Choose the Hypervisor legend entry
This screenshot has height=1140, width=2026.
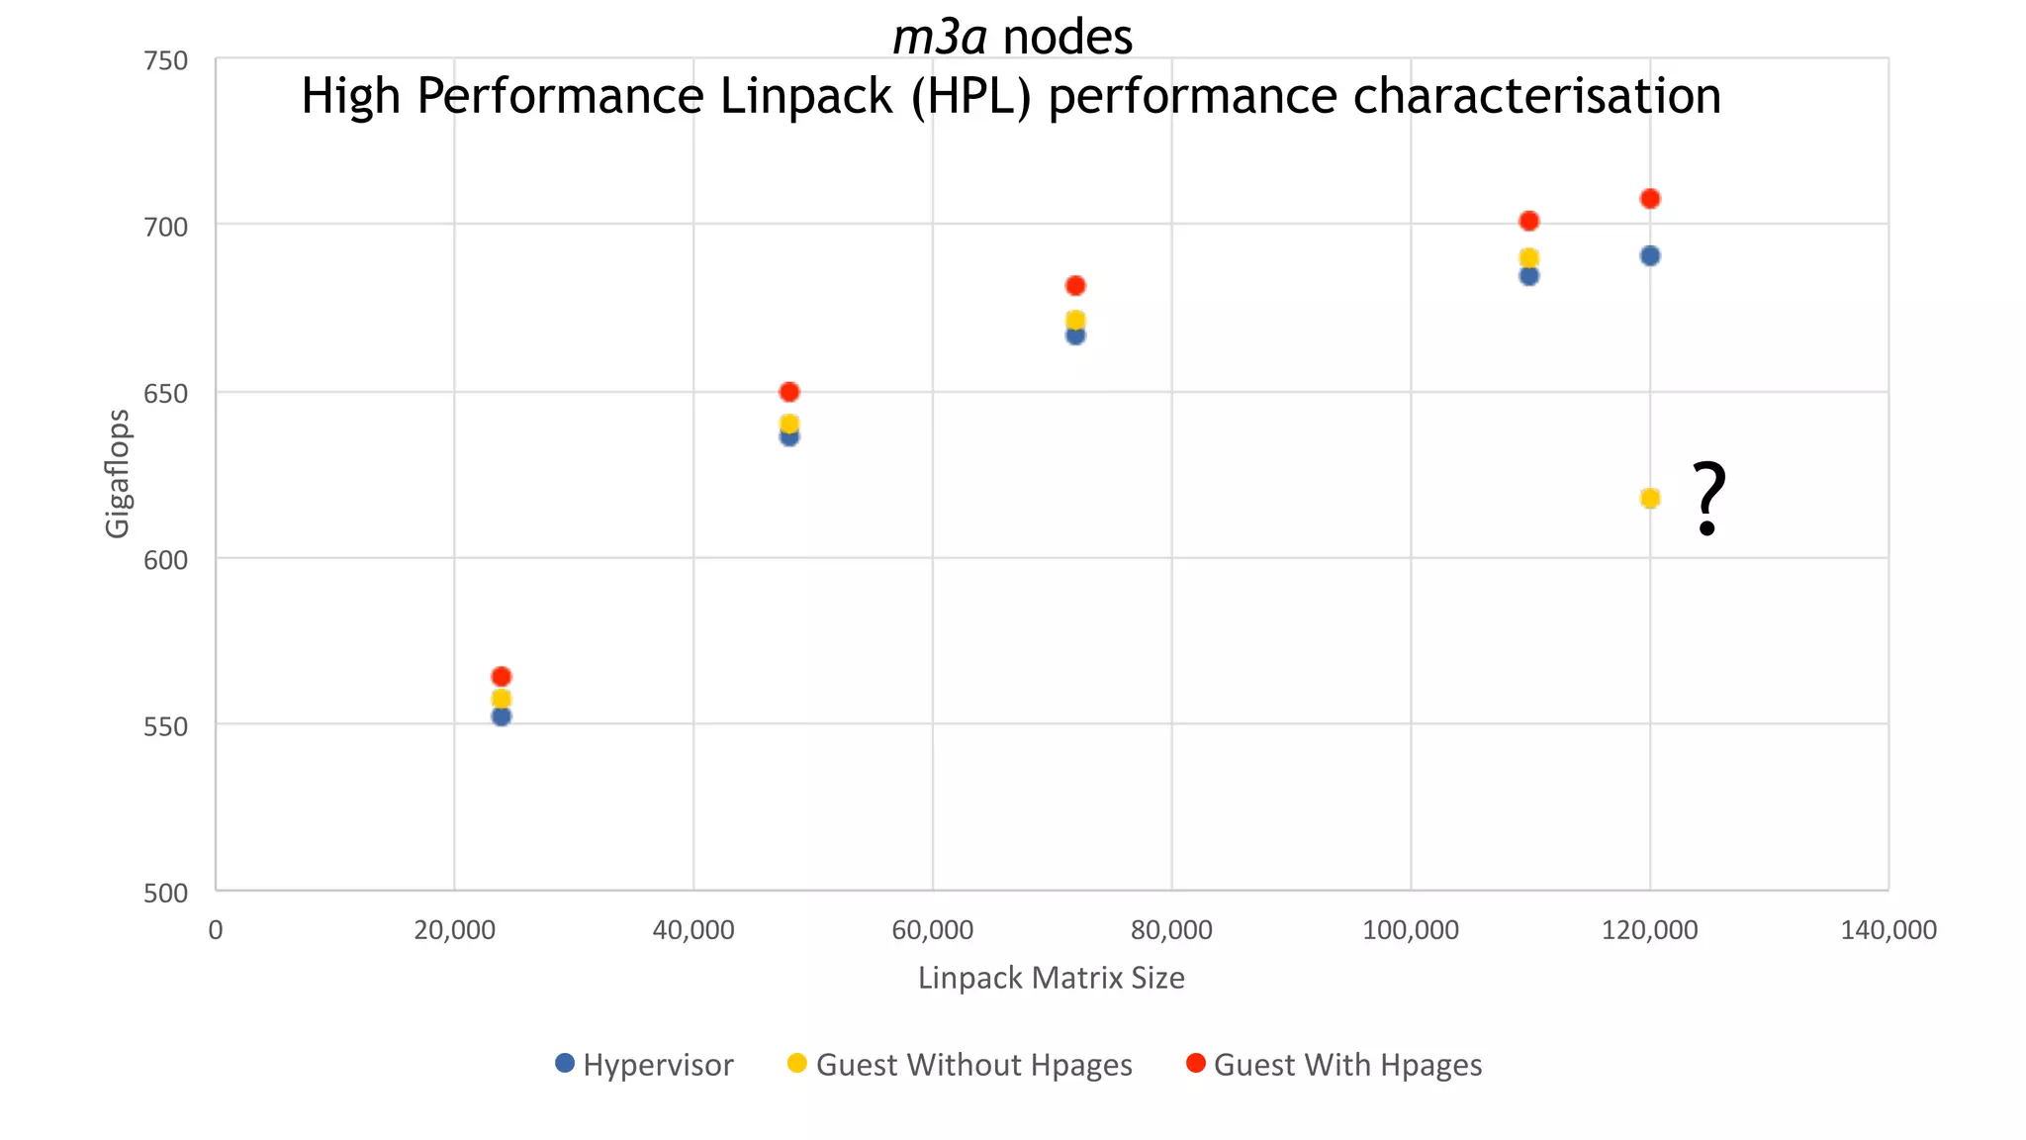[645, 1065]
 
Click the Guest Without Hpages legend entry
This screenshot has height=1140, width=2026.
[960, 1065]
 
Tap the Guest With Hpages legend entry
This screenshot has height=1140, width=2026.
[1335, 1065]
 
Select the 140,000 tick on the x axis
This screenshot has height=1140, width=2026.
[1888, 930]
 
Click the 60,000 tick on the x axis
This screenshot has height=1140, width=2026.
[932, 930]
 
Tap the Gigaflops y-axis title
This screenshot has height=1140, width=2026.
[118, 474]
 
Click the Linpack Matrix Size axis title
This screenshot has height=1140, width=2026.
[1051, 978]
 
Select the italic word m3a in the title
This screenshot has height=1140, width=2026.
[940, 38]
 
